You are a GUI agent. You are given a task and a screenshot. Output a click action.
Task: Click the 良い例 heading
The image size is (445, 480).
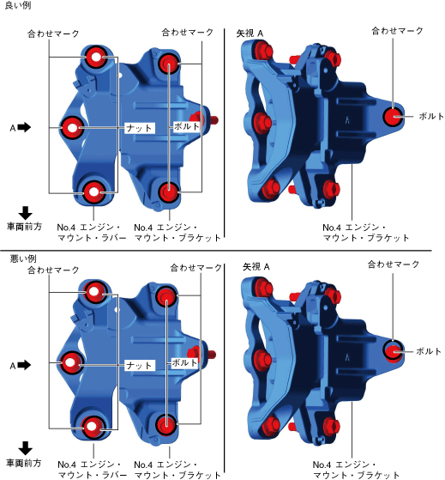pyautogui.click(x=18, y=5)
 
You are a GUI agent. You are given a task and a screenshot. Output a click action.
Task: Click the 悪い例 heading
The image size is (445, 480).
pyautogui.click(x=23, y=258)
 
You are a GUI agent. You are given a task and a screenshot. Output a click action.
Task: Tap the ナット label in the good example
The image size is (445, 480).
pyautogui.click(x=140, y=128)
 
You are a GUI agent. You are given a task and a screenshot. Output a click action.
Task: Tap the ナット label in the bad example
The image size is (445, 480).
pyautogui.click(x=140, y=366)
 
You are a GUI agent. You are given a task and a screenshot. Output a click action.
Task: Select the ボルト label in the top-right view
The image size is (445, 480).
pyautogui.click(x=431, y=116)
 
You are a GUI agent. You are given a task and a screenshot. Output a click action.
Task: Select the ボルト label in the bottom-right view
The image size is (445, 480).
pyautogui.click(x=429, y=351)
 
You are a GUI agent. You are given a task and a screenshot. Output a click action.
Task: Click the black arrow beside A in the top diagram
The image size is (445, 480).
pyautogui.click(x=24, y=127)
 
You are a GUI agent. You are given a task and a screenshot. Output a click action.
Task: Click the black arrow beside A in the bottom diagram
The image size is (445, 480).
pyautogui.click(x=24, y=365)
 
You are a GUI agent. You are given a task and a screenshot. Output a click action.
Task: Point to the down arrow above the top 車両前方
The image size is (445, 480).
pyautogui.click(x=26, y=212)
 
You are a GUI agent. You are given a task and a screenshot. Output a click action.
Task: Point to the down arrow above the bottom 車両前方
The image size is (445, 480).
pyautogui.click(x=26, y=448)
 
